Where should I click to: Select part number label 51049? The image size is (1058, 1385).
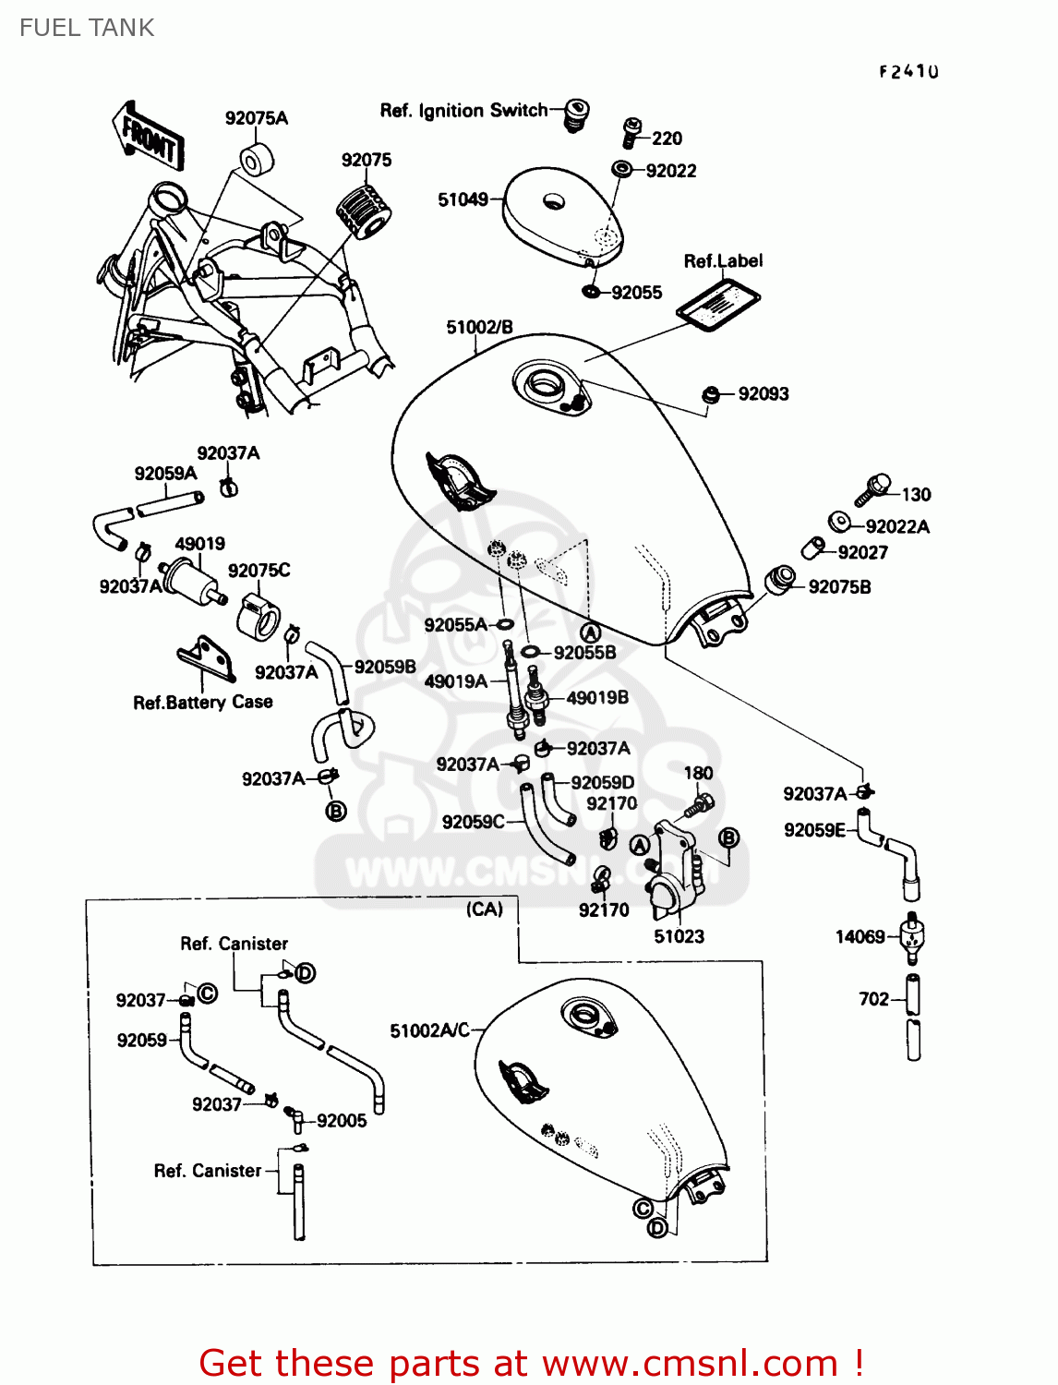point(463,199)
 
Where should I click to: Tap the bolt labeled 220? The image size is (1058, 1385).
point(632,131)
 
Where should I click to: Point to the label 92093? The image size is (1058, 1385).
point(763,394)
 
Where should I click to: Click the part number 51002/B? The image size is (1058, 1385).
point(479,328)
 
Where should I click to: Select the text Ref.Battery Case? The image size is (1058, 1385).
point(203,703)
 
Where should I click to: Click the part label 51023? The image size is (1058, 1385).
point(679,936)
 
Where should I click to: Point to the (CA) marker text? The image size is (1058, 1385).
point(485,909)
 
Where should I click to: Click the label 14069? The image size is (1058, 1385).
point(860,937)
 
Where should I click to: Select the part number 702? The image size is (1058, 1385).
point(873,999)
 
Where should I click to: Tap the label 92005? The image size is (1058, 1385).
point(342,1121)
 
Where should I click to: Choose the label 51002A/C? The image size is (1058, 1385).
point(429,1030)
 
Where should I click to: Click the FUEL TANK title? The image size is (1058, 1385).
point(87,28)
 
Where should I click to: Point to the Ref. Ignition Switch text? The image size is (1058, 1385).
point(463,111)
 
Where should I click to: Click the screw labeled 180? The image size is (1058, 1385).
point(698,805)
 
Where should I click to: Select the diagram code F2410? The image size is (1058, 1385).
point(908,71)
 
